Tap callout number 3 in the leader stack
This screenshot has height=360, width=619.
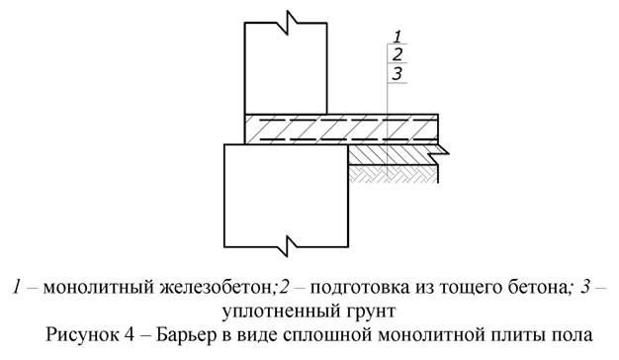click(x=397, y=73)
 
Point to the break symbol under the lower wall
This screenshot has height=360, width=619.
click(x=287, y=241)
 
